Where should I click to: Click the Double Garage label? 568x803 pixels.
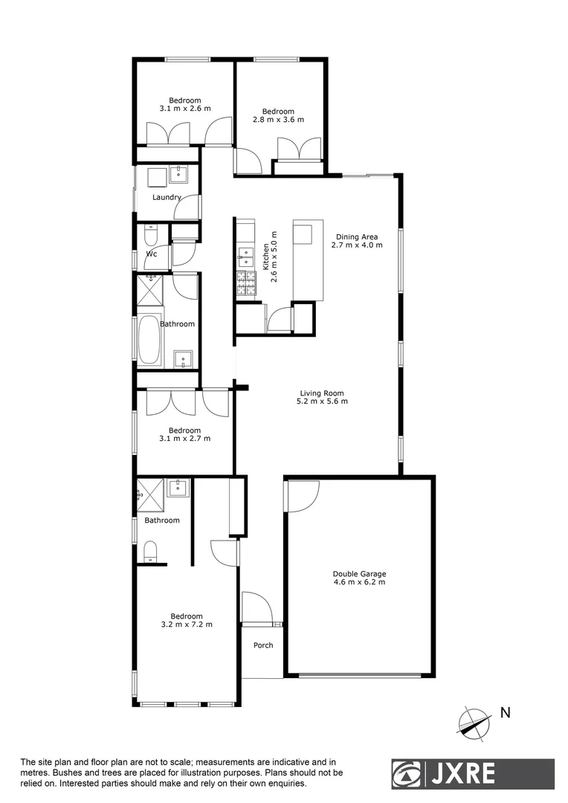[359, 573]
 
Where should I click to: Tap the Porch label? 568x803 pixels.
[263, 645]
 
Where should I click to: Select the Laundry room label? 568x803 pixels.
[167, 198]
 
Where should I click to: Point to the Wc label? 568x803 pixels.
[152, 254]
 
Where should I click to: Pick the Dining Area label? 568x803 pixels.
[357, 236]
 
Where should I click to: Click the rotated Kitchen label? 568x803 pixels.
[265, 257]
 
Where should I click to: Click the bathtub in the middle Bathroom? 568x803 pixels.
[149, 340]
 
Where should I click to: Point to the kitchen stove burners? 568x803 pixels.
[245, 283]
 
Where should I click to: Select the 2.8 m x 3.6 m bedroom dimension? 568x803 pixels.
[283, 120]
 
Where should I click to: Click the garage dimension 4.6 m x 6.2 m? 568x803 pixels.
[359, 582]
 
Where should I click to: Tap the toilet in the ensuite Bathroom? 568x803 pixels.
[150, 552]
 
